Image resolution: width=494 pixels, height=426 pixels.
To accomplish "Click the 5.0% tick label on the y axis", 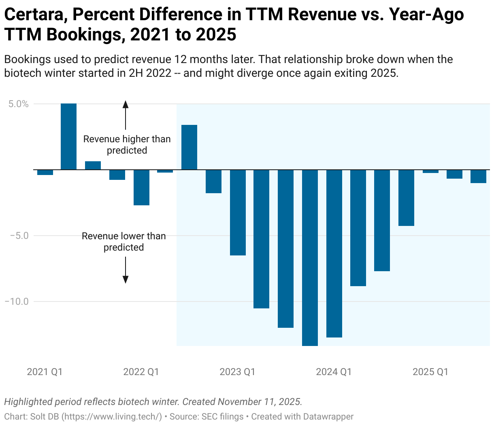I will pos(19,104).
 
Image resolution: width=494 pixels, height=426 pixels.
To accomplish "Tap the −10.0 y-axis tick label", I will pos(17,302).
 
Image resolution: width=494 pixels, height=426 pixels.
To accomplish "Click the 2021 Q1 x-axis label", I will pos(45,372).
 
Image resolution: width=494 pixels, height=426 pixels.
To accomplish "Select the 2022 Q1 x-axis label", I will pos(141,372).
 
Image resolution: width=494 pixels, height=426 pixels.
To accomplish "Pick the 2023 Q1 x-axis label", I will pos(237,372).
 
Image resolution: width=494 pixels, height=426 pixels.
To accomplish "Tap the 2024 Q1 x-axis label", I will pos(334,372).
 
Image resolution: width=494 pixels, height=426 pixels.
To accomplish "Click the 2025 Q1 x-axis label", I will pos(430,372).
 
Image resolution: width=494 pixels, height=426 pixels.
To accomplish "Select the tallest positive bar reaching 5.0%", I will pos(68,137).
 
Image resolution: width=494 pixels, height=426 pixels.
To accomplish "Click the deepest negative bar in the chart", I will pos(310,257).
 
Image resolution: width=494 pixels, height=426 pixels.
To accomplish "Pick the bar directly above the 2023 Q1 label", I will pos(238,212).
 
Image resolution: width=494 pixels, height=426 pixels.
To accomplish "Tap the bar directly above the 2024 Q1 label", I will pos(334,253).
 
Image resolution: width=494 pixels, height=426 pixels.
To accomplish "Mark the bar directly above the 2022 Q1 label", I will pos(141,187).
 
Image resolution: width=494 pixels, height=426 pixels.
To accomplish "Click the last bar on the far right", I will pos(478,176).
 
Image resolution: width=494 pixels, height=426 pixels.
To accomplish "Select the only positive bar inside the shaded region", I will pos(189,147).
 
